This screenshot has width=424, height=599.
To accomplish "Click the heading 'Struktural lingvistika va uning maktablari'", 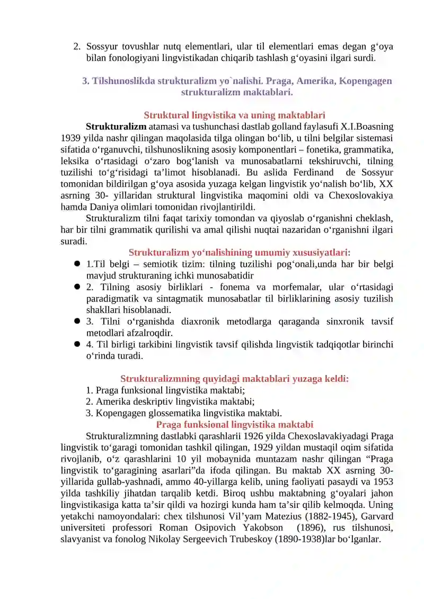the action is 234,115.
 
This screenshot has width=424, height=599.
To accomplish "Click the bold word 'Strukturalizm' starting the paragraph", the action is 116,127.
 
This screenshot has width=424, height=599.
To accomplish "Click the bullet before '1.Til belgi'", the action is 77,264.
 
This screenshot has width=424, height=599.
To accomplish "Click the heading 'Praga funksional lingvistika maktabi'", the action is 234,425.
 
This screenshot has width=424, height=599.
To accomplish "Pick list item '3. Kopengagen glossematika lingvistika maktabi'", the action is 183,413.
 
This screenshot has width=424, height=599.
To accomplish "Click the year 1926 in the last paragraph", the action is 253,436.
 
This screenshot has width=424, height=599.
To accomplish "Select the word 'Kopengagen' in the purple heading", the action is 366,81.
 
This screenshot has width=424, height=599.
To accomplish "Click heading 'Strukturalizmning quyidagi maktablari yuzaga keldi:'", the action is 234,379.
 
